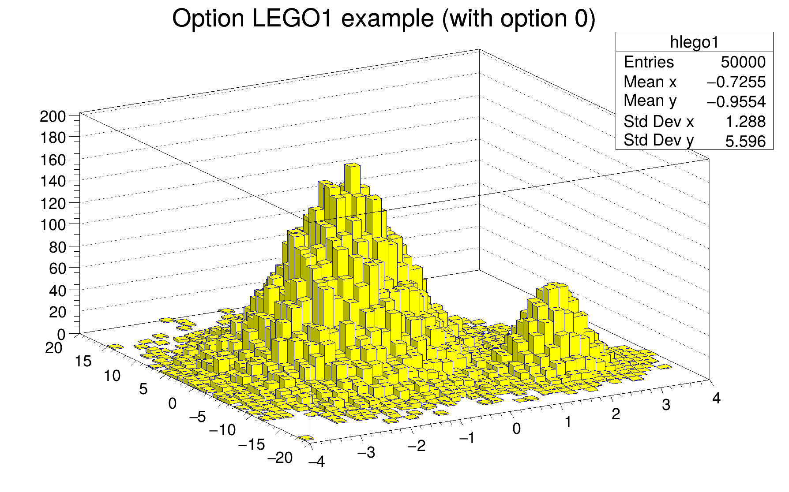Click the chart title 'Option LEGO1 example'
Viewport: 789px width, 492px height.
click(x=383, y=19)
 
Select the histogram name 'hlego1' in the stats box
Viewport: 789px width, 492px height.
click(x=694, y=42)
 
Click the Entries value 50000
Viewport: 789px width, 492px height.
click(x=743, y=62)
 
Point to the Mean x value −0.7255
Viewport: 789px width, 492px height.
click(x=736, y=82)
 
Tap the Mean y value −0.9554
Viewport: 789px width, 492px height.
click(x=736, y=102)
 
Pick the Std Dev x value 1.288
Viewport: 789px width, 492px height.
click(x=746, y=122)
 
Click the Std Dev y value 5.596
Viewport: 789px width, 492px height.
click(x=746, y=142)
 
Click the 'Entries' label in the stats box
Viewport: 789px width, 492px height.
click(x=649, y=62)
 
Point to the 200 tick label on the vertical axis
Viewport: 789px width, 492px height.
click(x=53, y=117)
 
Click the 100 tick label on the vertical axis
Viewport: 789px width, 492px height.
click(x=53, y=225)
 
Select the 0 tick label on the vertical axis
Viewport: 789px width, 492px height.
click(x=61, y=334)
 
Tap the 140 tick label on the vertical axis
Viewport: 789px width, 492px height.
click(x=53, y=182)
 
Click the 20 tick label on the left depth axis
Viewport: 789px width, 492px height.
click(x=53, y=348)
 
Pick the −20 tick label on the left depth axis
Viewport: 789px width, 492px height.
click(x=280, y=458)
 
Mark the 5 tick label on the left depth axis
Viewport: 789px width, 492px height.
click(x=143, y=389)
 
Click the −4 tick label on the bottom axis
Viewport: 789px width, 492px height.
click(x=316, y=462)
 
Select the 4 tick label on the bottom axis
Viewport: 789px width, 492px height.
click(x=716, y=398)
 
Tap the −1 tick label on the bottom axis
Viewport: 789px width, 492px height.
click(x=466, y=438)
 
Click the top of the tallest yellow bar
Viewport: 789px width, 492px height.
click(x=353, y=165)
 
